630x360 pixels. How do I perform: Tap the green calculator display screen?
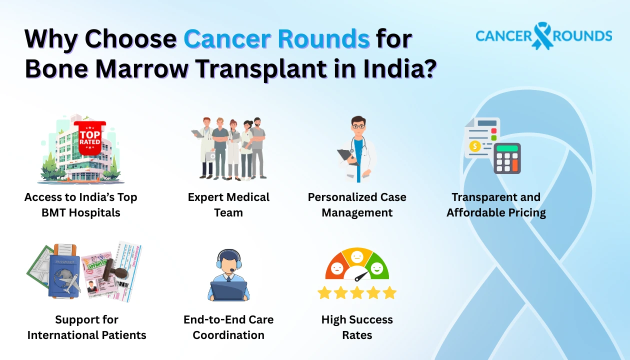click(x=507, y=148)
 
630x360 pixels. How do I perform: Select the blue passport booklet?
click(x=64, y=273)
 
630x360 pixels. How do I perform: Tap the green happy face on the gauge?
click(x=377, y=268)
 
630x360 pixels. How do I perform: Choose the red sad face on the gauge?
click(x=337, y=268)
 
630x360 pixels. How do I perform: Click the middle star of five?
click(x=357, y=292)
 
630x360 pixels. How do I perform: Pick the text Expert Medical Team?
click(x=228, y=204)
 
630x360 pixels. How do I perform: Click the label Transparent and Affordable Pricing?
click(x=496, y=204)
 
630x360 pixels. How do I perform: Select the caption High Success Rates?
click(x=357, y=327)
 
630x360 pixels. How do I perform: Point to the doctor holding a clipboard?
click(x=357, y=148)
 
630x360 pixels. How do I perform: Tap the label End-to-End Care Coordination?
click(x=228, y=327)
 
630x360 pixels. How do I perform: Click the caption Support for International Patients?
click(x=87, y=327)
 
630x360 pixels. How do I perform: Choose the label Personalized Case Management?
click(x=357, y=204)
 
